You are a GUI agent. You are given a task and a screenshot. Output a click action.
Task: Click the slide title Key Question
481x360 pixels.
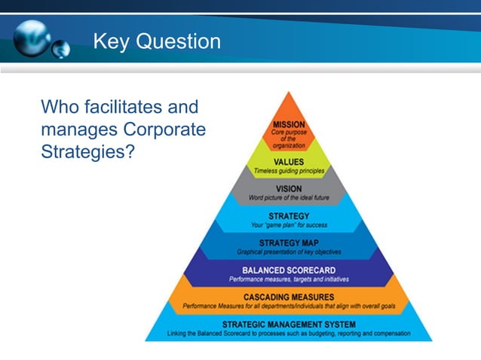[x=157, y=41]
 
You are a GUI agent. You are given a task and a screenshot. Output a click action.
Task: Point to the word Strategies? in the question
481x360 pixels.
[x=87, y=151]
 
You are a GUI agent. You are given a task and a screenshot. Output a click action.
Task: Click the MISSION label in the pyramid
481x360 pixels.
[x=289, y=124]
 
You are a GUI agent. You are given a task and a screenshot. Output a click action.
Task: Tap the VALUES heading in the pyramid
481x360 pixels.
[x=289, y=161]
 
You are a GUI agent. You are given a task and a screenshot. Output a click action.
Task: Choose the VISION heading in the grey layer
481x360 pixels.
[x=289, y=188]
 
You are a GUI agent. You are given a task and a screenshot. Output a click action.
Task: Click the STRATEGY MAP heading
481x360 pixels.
[x=289, y=243]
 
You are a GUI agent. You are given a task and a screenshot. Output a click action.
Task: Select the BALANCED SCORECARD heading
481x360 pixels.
[x=289, y=270]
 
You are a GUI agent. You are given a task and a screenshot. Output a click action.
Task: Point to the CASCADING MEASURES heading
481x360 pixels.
[x=289, y=297]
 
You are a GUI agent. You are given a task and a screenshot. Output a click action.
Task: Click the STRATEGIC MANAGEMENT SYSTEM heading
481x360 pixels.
[x=289, y=324]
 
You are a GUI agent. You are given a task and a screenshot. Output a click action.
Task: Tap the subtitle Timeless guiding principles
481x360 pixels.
[x=289, y=171]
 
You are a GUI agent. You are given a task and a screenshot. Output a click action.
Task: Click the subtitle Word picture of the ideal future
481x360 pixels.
[x=289, y=198]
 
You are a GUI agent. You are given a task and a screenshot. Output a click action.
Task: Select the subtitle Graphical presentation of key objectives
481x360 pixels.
[x=289, y=252]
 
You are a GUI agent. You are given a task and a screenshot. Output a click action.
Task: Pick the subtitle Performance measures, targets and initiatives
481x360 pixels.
[x=289, y=279]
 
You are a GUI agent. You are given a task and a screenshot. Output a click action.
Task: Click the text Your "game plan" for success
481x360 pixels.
[x=289, y=224]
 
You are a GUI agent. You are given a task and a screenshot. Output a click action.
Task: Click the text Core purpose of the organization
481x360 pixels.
[x=289, y=139]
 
